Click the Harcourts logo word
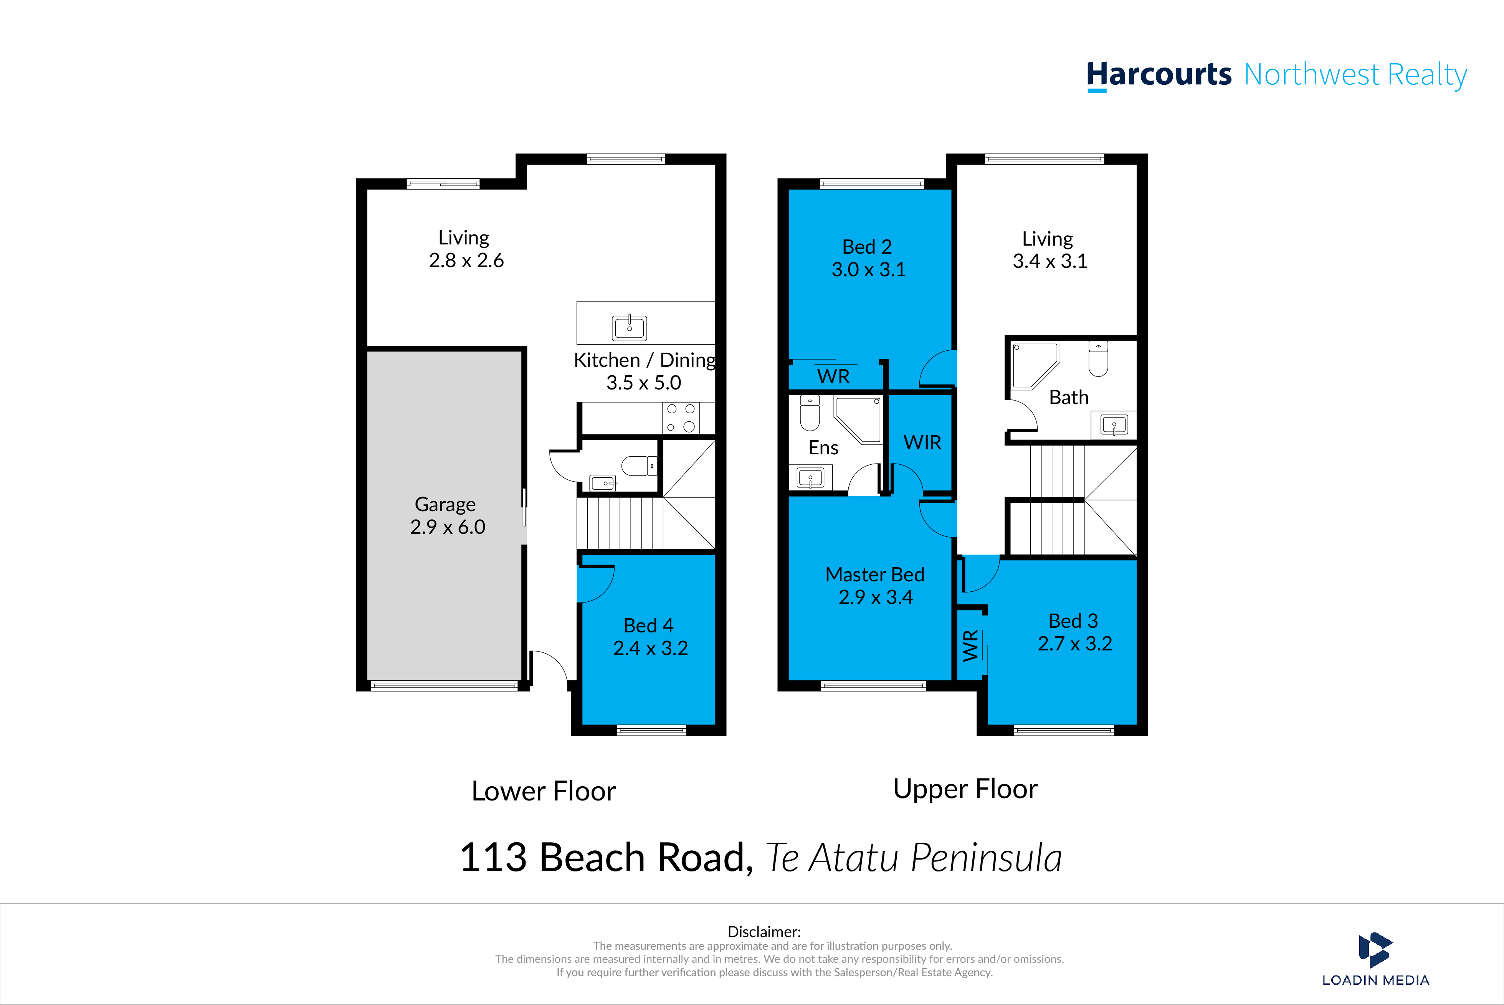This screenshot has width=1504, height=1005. point(1159,75)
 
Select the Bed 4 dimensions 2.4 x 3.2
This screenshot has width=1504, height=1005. point(651,648)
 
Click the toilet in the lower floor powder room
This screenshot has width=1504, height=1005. point(638,465)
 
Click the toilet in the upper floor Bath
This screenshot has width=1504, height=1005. point(1098,359)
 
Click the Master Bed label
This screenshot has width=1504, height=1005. point(874,574)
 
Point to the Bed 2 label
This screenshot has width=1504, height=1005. point(867,247)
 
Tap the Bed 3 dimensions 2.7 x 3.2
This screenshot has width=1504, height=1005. point(1075,644)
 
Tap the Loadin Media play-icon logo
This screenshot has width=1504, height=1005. point(1375,950)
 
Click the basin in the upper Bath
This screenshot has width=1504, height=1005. point(1114,425)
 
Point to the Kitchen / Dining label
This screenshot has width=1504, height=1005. point(644,360)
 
